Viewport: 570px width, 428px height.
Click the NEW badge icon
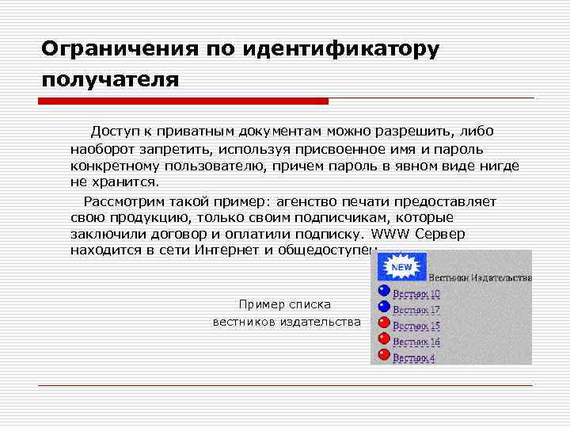[402, 267]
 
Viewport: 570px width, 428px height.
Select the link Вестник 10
[416, 293]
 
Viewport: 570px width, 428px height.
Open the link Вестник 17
[416, 309]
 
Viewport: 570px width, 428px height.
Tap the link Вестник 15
[416, 326]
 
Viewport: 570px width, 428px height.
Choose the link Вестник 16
[416, 342]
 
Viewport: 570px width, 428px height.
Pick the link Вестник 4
[413, 357]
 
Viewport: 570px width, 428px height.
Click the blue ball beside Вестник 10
[384, 291]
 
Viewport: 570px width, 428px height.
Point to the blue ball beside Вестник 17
[384, 307]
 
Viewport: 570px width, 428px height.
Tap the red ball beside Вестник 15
[384, 323]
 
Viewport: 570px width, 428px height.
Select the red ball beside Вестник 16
[384, 339]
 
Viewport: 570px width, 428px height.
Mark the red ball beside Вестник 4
[384, 356]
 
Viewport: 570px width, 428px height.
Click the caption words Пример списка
[285, 304]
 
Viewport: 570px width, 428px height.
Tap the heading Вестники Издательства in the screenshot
[480, 277]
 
